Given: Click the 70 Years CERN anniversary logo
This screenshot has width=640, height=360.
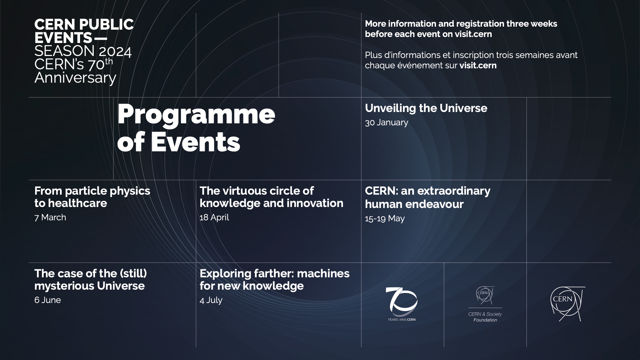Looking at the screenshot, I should click(x=401, y=304).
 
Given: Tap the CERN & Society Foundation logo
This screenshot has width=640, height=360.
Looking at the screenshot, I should click(x=485, y=304).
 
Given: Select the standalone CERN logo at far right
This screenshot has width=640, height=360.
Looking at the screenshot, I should click(x=567, y=304).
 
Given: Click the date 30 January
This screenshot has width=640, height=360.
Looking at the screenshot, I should click(x=386, y=122).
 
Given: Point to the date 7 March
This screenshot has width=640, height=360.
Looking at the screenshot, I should click(x=50, y=217).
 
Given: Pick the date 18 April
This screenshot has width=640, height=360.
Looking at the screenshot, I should click(x=214, y=217).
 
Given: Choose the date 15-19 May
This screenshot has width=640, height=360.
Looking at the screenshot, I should click(x=385, y=218).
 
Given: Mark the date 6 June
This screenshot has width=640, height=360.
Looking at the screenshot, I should click(x=47, y=300).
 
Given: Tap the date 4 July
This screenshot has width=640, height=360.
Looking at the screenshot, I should click(x=211, y=300).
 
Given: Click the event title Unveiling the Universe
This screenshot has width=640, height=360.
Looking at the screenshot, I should click(x=426, y=108).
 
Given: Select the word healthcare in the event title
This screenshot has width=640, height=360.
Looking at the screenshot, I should click(x=78, y=203).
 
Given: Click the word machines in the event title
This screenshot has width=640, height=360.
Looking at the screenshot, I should click(x=323, y=273).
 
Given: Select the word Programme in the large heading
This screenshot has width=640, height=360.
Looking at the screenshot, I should click(x=196, y=114).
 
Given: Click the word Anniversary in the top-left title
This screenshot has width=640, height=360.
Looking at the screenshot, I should click(x=75, y=78).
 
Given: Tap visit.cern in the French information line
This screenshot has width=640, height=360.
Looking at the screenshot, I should click(x=478, y=65).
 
